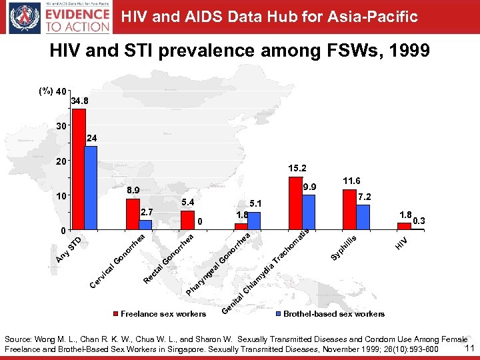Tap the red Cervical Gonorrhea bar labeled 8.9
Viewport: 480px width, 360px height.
point(133,214)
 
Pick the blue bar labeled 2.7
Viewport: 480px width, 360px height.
point(145,225)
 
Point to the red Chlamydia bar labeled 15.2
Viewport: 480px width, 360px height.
point(295,203)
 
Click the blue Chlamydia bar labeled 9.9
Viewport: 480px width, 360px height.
point(308,213)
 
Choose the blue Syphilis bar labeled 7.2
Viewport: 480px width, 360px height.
point(363,217)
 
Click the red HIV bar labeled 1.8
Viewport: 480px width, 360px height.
point(404,227)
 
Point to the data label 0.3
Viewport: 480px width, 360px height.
point(419,221)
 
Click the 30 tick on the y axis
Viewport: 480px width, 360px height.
point(60,126)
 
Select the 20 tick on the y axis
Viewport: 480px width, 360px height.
point(60,161)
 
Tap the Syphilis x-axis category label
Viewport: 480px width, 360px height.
point(346,248)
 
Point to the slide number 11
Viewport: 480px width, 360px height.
point(469,348)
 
